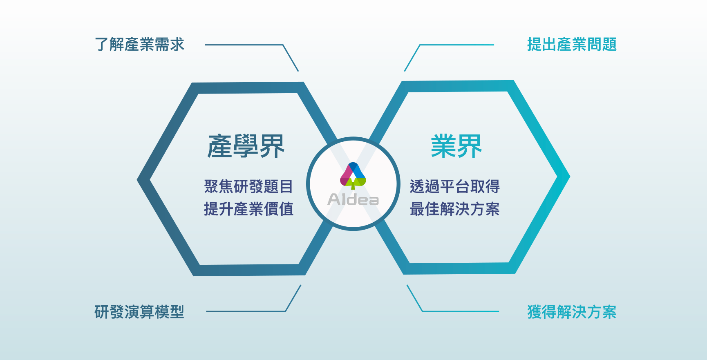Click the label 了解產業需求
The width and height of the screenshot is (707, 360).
point(139,45)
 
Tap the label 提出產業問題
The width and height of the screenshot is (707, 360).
point(572,45)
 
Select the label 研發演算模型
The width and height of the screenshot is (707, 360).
point(139,312)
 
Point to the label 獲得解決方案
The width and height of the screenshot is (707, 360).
point(572,312)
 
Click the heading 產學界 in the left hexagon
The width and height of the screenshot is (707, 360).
point(246,146)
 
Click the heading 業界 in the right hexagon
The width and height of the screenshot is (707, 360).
point(456,146)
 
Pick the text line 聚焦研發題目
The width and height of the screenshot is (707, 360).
point(249,186)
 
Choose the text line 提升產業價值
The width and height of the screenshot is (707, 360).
point(249,209)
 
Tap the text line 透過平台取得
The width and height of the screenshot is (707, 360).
point(455,186)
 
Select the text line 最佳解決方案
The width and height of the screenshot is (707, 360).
point(455,209)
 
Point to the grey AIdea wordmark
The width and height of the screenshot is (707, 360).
point(353,199)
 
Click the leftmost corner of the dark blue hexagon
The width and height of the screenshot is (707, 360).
point(137,179)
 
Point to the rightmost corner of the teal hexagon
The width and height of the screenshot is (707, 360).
point(570,177)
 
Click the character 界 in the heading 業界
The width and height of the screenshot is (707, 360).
point(470,146)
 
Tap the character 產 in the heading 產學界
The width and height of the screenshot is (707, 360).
point(220,146)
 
